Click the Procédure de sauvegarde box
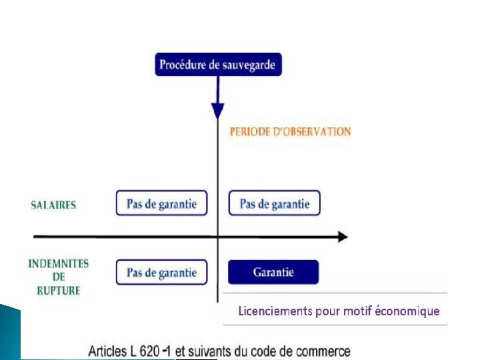(x=218, y=65)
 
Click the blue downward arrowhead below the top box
(x=217, y=111)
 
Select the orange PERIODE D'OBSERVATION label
(x=290, y=131)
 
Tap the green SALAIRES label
(x=53, y=205)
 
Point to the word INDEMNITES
(x=59, y=263)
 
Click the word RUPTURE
(x=59, y=291)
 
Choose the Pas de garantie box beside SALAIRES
(x=161, y=203)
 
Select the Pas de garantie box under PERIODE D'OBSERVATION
(x=274, y=203)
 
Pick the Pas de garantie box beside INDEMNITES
(x=161, y=272)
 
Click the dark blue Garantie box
(x=273, y=272)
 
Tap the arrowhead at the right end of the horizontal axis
(x=342, y=237)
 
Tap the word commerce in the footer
(x=325, y=351)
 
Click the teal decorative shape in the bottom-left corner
(x=10, y=333)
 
